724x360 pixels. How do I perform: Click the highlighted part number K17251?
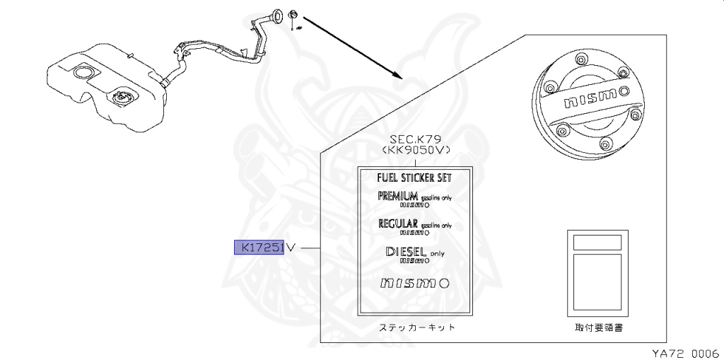coord(259,248)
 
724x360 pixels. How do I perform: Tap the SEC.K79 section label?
coord(415,140)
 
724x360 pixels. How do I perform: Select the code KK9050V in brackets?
coord(415,151)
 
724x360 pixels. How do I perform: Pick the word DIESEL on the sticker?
coord(406,251)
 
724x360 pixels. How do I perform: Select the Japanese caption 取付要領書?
coord(598,328)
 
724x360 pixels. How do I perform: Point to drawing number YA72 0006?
coord(685,351)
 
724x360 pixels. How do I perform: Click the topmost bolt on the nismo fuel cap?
coord(581,58)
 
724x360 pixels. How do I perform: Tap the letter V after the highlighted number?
coord(289,248)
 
